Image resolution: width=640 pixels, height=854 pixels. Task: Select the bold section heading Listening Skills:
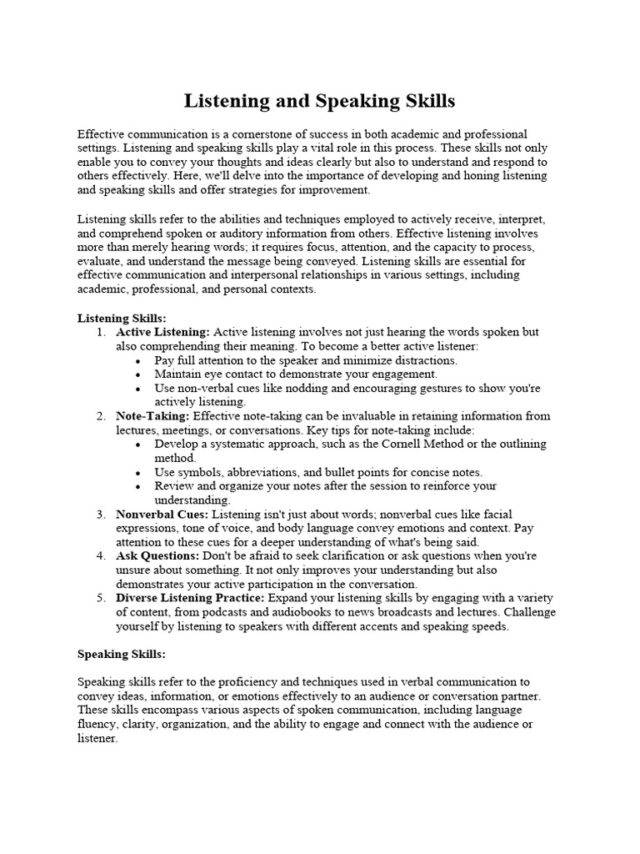click(122, 319)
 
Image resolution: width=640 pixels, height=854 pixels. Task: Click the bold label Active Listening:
click(162, 332)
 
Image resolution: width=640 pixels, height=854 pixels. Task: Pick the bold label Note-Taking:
click(152, 416)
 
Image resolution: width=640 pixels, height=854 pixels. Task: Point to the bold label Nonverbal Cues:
click(161, 515)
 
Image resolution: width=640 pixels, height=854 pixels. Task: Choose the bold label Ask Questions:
click(157, 555)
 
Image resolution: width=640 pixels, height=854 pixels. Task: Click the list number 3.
click(100, 515)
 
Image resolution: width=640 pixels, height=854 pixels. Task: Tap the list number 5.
click(100, 598)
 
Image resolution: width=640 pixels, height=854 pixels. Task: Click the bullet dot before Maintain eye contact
click(137, 374)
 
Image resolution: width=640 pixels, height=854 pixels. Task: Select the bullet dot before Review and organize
click(137, 486)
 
